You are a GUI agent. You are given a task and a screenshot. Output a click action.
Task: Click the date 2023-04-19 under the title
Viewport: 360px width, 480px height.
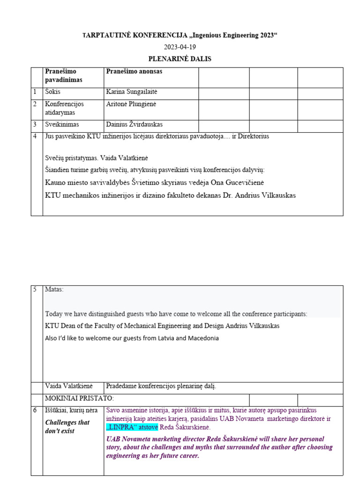pyautogui.click(x=180, y=47)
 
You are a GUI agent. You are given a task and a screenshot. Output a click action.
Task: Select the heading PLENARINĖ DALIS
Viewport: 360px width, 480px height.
pyautogui.click(x=180, y=59)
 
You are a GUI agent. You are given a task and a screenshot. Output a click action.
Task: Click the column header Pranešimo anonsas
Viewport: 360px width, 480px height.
pyautogui.click(x=134, y=72)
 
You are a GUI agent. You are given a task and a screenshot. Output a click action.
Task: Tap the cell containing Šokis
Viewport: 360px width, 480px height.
pyautogui.click(x=52, y=92)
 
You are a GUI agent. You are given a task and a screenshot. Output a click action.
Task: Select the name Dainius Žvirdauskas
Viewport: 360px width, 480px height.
pyautogui.click(x=135, y=124)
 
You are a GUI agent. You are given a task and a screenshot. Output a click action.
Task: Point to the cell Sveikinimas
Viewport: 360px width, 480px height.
pyautogui.click(x=62, y=124)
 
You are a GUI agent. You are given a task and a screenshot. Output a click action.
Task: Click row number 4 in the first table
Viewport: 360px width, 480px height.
pyautogui.click(x=35, y=136)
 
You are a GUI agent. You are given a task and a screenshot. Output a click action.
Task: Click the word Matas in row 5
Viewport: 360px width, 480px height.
pyautogui.click(x=53, y=289)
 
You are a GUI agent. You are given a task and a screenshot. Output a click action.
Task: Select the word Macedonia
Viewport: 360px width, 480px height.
pyautogui.click(x=203, y=338)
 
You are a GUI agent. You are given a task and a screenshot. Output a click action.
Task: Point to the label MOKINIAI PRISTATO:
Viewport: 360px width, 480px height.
pyautogui.click(x=79, y=398)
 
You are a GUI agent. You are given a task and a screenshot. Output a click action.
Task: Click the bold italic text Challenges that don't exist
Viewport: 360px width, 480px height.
pyautogui.click(x=67, y=427)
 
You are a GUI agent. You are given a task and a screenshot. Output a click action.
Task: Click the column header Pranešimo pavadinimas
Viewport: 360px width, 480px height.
pyautogui.click(x=63, y=75)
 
